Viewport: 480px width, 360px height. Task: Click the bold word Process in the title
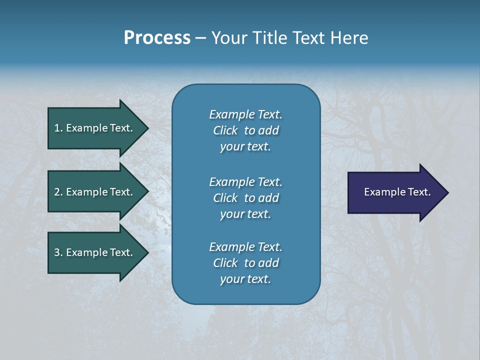click(157, 38)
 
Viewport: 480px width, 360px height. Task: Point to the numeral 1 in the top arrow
click(57, 128)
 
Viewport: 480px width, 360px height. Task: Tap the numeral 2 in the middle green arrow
click(57, 192)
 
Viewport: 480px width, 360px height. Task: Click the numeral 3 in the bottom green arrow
click(57, 252)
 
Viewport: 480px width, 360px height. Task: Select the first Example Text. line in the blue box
click(245, 114)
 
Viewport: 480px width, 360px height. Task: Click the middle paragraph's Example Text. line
click(245, 181)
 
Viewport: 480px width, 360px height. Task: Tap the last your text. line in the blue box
click(245, 279)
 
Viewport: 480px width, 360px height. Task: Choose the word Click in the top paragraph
click(225, 130)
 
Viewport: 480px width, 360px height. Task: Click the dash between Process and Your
click(201, 38)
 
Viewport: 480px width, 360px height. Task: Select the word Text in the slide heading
click(307, 38)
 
